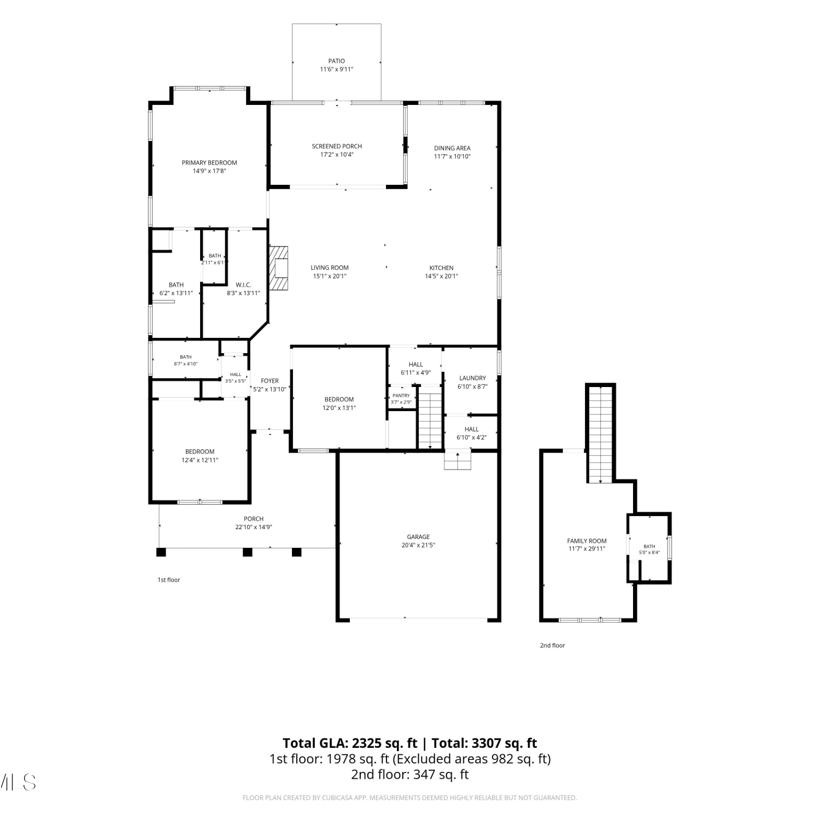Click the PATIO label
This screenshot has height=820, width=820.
tap(337, 61)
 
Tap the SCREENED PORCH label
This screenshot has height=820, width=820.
tap(337, 147)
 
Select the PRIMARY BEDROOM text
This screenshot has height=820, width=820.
tap(209, 163)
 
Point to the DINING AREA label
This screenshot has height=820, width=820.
tap(452, 148)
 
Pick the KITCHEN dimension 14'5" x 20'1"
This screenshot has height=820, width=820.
tap(441, 277)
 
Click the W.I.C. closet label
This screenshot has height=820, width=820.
tap(243, 285)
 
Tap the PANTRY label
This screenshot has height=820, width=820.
tap(401, 396)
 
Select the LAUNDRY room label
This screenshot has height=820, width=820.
tap(472, 378)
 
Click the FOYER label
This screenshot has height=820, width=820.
tap(270, 381)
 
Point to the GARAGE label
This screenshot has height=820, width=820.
tap(418, 537)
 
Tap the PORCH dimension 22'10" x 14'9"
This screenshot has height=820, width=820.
tap(254, 528)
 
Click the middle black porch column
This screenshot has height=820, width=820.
tap(248, 552)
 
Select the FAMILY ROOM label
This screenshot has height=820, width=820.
tap(587, 541)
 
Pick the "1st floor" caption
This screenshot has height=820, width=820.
tap(169, 580)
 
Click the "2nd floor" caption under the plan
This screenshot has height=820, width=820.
tap(553, 646)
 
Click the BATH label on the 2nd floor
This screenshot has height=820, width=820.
tap(649, 547)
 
